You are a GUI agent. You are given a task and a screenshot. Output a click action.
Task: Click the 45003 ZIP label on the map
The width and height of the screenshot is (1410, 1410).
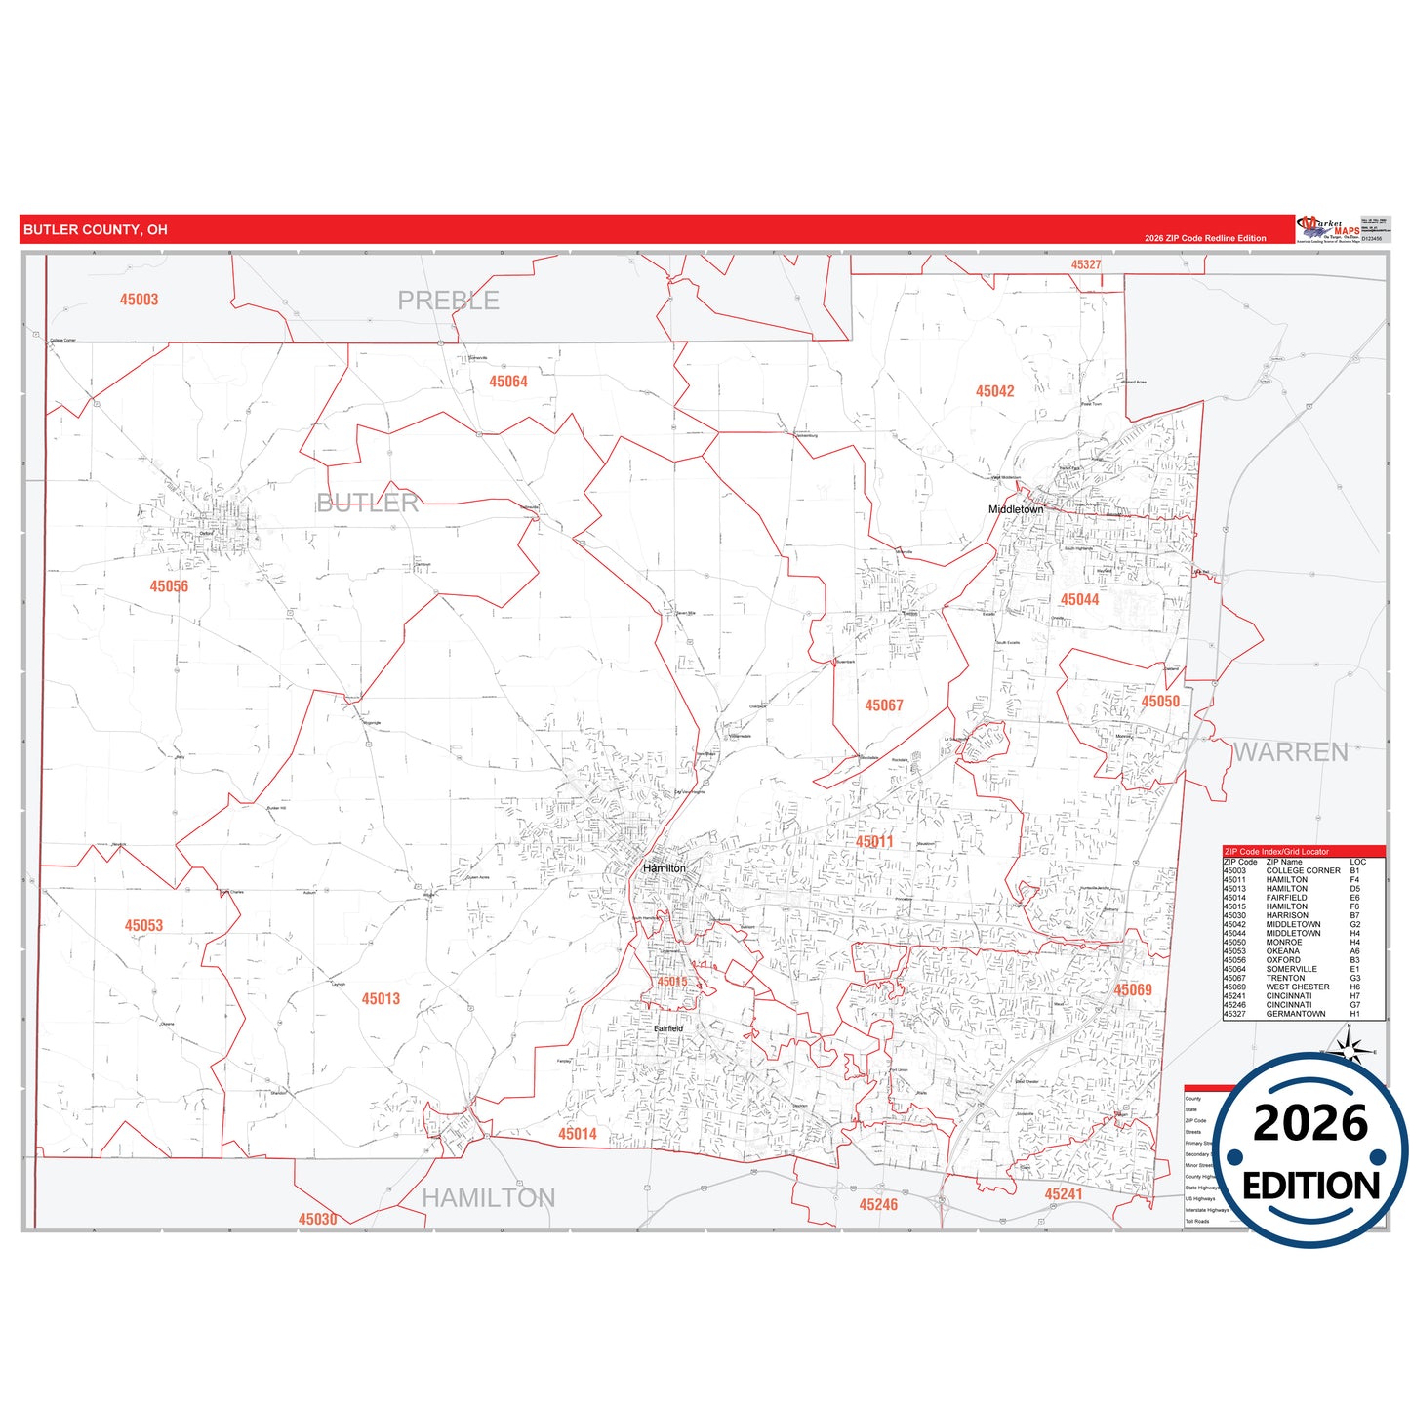pos(139,300)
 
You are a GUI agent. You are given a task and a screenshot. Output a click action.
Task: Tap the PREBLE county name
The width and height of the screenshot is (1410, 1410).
pos(448,301)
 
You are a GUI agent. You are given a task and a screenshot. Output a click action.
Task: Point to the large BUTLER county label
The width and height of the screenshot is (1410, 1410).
pos(368,504)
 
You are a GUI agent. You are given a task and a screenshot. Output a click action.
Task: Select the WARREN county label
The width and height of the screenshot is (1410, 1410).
pos(1290,752)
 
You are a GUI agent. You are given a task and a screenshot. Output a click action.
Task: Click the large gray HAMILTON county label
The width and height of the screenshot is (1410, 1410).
pos(488,1198)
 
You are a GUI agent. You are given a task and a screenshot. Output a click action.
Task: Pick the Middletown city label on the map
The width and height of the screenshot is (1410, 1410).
pos(1016,509)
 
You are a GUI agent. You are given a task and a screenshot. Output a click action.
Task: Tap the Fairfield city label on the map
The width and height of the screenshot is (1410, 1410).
pos(668,1028)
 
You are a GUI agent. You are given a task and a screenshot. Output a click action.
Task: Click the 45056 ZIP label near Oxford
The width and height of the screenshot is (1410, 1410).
pos(169,586)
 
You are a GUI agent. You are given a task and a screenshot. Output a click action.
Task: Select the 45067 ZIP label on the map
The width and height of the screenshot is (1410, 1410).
pos(884,705)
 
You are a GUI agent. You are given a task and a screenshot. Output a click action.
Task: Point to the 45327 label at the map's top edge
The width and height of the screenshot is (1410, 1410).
pos(1086,264)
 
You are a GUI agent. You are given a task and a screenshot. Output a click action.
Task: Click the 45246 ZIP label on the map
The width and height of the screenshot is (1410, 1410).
pos(878,1205)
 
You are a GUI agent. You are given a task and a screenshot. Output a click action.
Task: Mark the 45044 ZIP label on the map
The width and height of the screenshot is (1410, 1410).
pos(1079,600)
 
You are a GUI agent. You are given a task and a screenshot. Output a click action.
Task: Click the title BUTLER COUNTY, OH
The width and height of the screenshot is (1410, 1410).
pos(96,230)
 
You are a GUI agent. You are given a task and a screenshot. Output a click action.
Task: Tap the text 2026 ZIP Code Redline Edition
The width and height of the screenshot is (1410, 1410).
pos(1205,238)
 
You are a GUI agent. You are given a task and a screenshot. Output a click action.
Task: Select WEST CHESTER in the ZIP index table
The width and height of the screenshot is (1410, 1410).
pos(1297,987)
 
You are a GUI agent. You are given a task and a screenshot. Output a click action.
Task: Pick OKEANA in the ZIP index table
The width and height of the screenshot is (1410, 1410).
pos(1282,951)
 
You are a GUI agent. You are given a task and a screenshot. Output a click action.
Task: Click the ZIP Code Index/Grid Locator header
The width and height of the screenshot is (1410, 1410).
pos(1276,852)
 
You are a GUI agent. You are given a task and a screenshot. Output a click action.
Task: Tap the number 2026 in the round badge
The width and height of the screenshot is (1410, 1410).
pos(1310,1123)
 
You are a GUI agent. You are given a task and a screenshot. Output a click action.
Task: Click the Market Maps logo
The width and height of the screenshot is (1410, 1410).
pos(1328,229)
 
